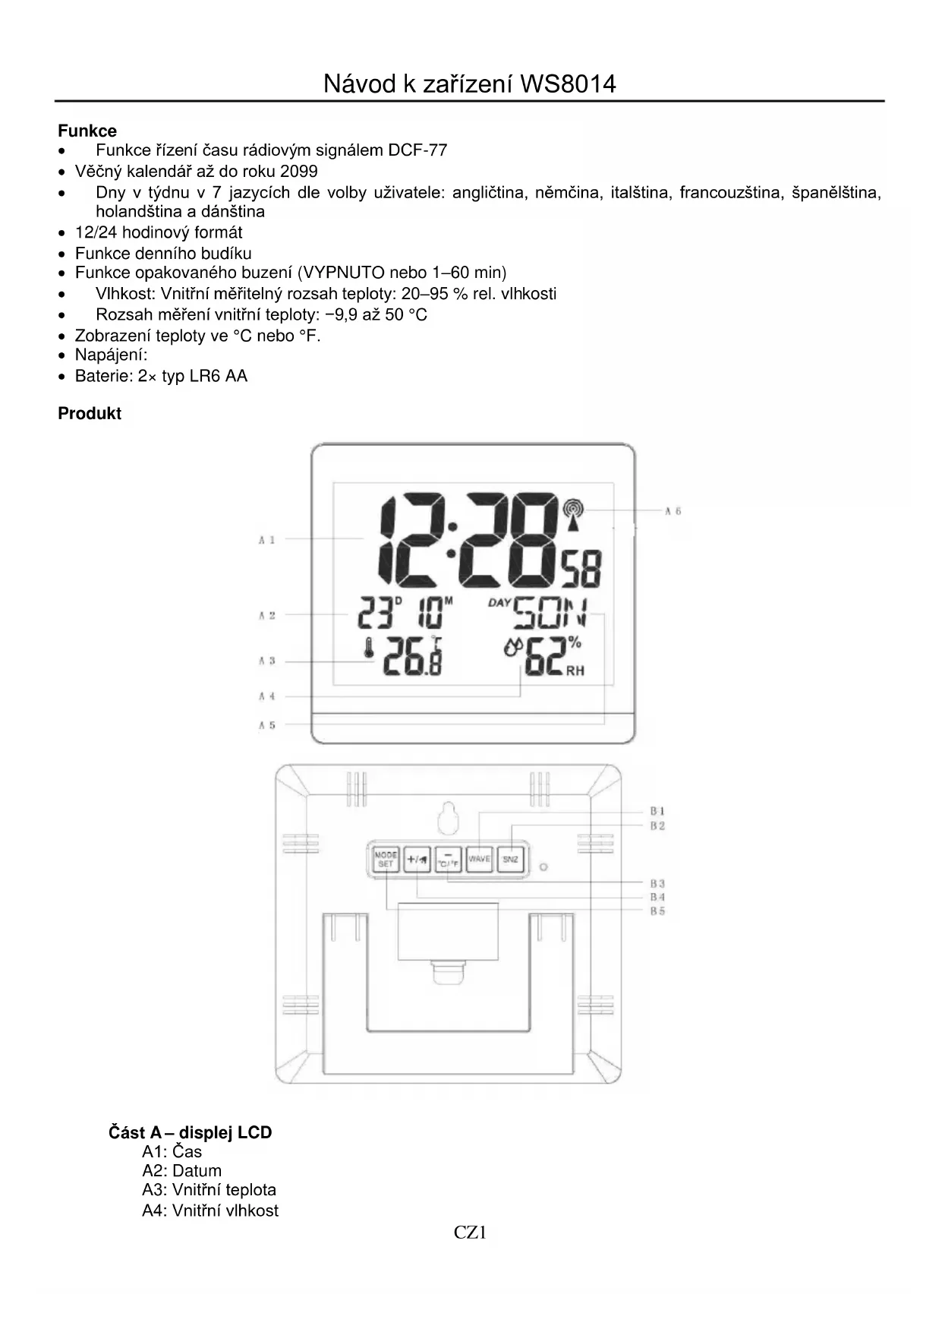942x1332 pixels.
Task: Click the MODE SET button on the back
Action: click(386, 860)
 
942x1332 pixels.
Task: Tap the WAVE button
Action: click(479, 860)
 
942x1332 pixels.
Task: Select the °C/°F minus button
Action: click(448, 860)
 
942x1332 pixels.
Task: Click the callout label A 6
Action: click(673, 511)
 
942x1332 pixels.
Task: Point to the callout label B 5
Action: click(657, 911)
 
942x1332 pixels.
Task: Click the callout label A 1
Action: click(266, 540)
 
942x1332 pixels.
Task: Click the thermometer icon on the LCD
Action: click(370, 655)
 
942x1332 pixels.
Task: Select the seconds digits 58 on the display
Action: click(581, 570)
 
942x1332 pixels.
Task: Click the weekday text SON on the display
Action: click(550, 614)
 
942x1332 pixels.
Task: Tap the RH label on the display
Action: click(575, 671)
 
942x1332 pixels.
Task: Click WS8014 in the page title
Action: click(568, 84)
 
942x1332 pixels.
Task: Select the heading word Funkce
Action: click(87, 131)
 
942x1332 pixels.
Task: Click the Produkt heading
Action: click(90, 414)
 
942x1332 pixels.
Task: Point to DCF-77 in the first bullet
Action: click(417, 150)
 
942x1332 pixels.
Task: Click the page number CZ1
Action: click(470, 1233)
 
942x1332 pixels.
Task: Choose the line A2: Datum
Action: click(182, 1171)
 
